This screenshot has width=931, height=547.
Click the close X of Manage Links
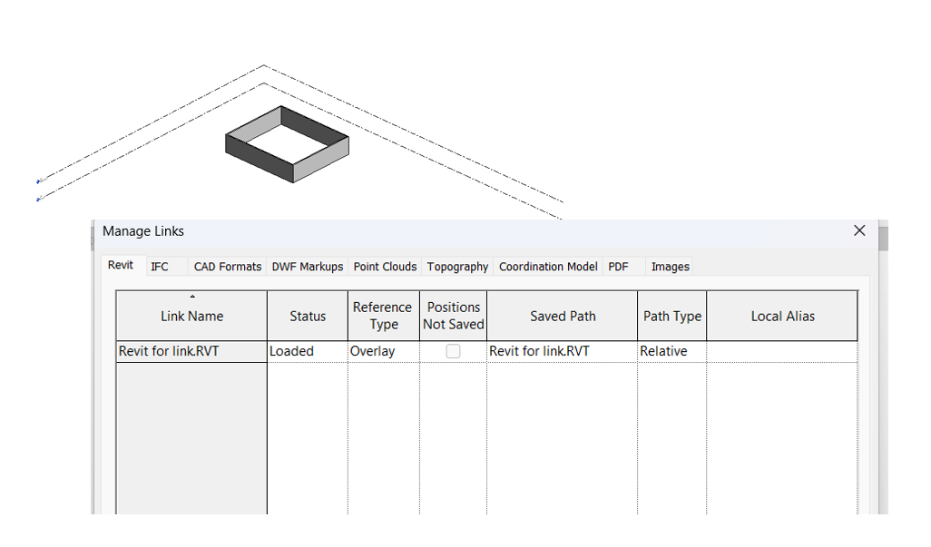coord(859,230)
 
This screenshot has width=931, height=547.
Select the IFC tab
coord(160,266)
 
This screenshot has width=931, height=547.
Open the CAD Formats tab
coord(227,267)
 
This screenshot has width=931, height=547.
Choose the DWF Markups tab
coord(308,267)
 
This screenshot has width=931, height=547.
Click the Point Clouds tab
coord(385,267)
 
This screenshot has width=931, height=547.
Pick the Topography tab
coord(457,267)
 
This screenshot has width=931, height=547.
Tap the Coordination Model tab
coord(548,267)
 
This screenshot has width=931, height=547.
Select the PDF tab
coord(618,267)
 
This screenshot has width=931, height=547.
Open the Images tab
coord(671,267)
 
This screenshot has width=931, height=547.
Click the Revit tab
coord(121,265)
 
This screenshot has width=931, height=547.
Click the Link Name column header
coord(191,317)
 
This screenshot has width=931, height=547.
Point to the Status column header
coord(308,317)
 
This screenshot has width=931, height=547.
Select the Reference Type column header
coord(383,316)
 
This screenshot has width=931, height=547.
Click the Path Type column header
coord(672,317)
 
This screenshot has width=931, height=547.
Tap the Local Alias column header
coord(782,317)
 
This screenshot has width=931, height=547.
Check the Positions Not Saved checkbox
coord(453,351)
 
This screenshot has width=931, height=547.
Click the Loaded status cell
coord(291,351)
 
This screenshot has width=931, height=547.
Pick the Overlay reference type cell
coord(373,351)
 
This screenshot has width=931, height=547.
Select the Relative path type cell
coord(663,351)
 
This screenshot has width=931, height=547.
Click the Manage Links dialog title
coord(143,231)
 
